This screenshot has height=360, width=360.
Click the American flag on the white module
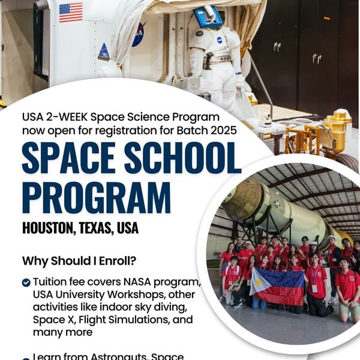tap(71, 11)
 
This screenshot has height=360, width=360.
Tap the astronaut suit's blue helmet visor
tap(208, 16)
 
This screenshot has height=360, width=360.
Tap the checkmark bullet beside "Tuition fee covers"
tap(26, 282)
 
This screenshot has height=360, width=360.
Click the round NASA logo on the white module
tap(139, 34)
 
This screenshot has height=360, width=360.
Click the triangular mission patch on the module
tap(104, 52)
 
